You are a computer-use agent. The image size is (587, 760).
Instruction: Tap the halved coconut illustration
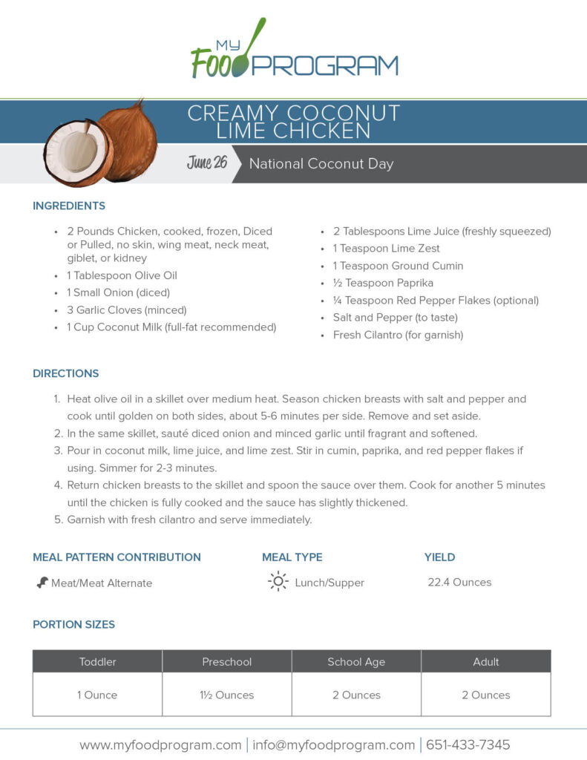(x=77, y=152)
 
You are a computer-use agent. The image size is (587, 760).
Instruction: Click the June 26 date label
(x=207, y=163)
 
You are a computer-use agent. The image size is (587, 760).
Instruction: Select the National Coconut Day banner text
(x=321, y=164)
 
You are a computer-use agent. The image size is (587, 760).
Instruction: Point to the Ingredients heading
(x=69, y=206)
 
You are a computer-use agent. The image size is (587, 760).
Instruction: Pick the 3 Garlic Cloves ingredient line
(x=126, y=309)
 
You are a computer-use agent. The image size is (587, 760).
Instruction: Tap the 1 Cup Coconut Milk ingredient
(x=171, y=327)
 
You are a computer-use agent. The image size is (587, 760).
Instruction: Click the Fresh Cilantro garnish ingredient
(x=398, y=335)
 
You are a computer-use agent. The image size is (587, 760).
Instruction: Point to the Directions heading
(x=66, y=373)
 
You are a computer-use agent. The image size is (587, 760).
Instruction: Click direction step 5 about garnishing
(x=189, y=520)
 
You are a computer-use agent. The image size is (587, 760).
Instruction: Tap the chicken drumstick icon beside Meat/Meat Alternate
(x=42, y=583)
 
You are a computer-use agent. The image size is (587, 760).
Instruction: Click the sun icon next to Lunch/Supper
(x=278, y=582)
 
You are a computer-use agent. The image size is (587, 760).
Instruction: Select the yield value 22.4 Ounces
(x=459, y=582)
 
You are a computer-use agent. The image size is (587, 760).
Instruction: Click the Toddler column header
(x=98, y=661)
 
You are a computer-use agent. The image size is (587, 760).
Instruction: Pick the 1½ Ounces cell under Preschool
(x=227, y=695)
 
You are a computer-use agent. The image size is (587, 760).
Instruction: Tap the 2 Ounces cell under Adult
(x=486, y=695)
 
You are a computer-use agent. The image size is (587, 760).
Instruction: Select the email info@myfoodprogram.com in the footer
(x=333, y=744)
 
